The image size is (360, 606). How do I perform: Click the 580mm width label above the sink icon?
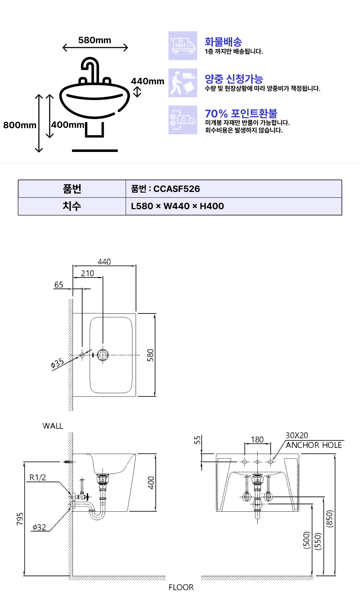click(x=95, y=40)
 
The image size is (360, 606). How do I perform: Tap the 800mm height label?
click(x=20, y=125)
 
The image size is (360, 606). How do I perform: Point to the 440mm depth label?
click(x=148, y=81)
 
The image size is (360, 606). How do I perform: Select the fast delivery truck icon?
click(x=183, y=46)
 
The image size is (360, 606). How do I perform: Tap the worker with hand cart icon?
click(x=183, y=83)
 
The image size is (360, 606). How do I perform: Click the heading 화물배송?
click(x=223, y=42)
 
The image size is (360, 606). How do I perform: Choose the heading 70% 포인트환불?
click(x=241, y=113)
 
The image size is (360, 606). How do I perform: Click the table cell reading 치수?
click(x=72, y=206)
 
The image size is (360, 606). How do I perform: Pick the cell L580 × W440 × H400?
click(x=177, y=206)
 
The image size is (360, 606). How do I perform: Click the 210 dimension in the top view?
click(x=87, y=273)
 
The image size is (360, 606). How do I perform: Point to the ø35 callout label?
click(x=58, y=363)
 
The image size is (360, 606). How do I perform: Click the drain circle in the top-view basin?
click(x=103, y=355)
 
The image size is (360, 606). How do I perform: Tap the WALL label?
click(x=53, y=426)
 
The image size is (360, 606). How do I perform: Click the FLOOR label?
click(x=181, y=587)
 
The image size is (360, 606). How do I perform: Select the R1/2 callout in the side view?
click(x=38, y=477)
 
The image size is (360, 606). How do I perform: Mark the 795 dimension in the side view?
click(x=20, y=519)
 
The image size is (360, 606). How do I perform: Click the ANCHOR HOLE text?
click(x=314, y=445)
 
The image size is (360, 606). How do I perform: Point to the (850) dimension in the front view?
click(x=329, y=519)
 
